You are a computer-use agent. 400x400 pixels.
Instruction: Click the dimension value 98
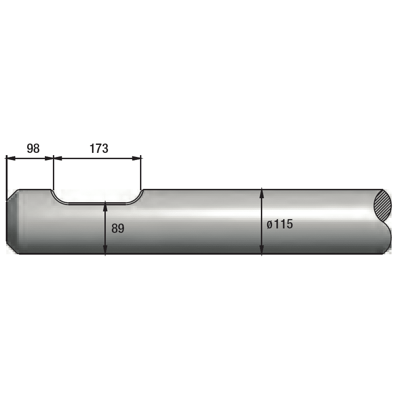(33, 148)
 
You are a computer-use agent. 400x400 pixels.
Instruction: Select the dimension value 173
(99, 148)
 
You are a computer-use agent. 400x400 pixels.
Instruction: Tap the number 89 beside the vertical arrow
(118, 228)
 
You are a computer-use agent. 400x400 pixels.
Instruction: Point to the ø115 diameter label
(280, 224)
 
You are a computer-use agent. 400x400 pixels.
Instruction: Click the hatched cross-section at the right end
(383, 205)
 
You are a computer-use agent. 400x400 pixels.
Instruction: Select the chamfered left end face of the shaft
(12, 221)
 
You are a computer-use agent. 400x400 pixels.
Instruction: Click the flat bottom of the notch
(97, 204)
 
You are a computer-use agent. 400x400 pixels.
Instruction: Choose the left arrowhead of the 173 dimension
(58, 158)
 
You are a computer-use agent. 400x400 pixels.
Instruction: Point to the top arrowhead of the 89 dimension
(105, 206)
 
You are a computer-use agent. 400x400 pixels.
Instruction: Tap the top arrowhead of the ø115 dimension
(262, 193)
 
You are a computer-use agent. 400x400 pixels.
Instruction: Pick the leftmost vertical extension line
(7, 178)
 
